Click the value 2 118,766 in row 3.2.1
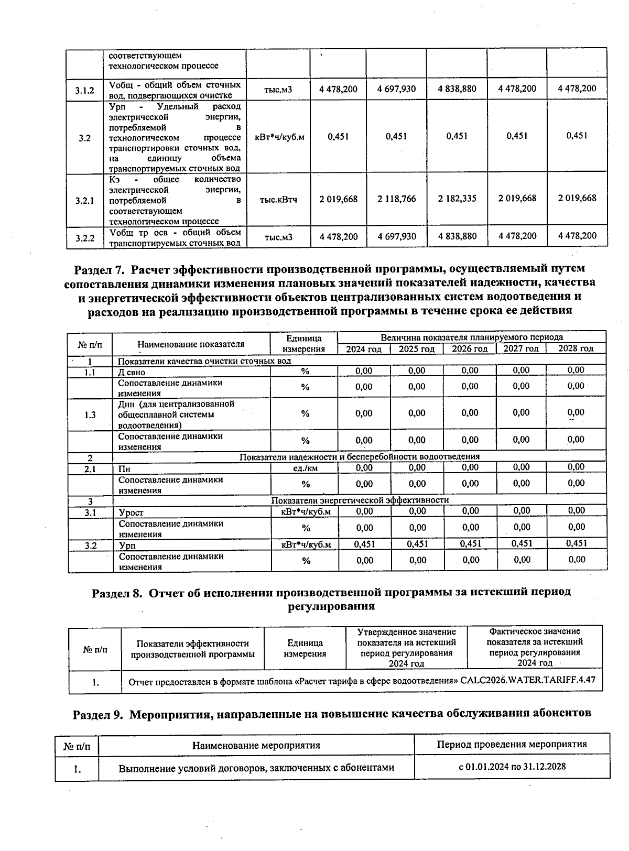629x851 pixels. (396, 199)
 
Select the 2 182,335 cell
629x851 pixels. (457, 198)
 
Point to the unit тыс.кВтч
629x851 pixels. (278, 200)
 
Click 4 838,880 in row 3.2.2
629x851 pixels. (457, 236)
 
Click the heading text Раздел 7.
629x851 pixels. (100, 269)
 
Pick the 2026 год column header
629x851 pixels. (470, 349)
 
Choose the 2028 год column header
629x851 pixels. (576, 348)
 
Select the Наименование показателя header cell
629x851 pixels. (191, 344)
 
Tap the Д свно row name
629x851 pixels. (132, 372)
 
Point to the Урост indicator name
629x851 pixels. (131, 512)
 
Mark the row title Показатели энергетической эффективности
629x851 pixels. (360, 500)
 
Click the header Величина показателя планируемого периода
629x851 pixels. (472, 337)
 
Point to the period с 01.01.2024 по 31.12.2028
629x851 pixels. (512, 767)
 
